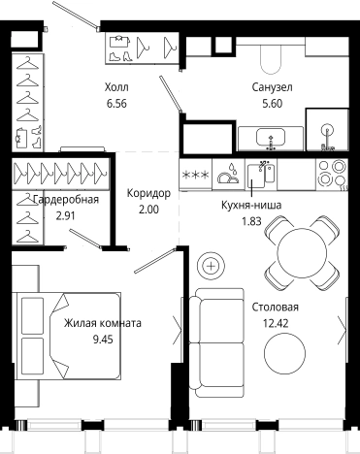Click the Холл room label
116,86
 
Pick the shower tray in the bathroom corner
328,130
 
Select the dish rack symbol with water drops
231,176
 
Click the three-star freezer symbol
202,174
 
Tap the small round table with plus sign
211,264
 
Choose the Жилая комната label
103,324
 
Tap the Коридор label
148,194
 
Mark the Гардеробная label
66,200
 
